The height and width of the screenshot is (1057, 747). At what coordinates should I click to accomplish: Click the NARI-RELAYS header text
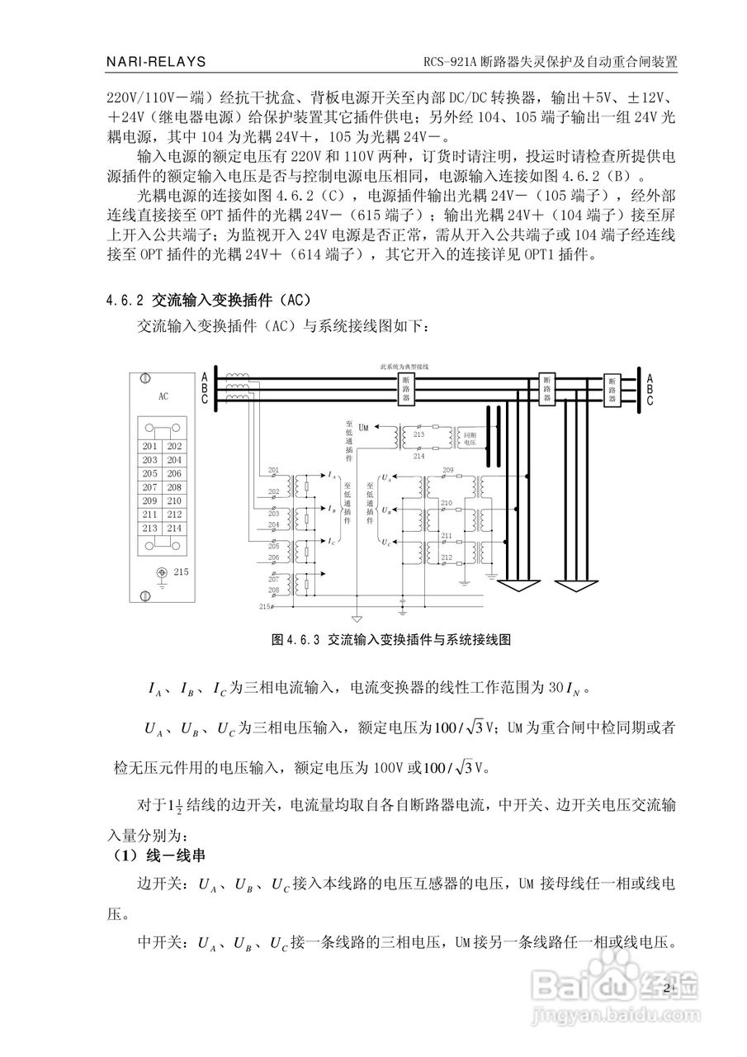156,62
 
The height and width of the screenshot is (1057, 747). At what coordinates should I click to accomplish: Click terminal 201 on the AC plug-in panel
149,447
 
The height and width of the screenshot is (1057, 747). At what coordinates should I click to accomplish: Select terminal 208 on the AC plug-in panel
174,487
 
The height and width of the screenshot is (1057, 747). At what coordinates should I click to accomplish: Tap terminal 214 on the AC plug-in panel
174,528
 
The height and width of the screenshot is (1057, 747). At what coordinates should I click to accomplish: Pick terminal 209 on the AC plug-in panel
149,500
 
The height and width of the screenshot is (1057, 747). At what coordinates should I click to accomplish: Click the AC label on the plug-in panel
163,396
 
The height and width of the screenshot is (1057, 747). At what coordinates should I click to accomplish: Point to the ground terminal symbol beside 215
162,572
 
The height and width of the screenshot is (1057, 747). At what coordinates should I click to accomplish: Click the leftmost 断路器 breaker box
405,388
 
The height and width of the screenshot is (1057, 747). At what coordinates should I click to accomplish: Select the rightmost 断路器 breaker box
612,388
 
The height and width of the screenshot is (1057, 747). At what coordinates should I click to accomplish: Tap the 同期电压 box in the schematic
469,438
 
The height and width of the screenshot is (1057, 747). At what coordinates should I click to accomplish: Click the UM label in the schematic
364,426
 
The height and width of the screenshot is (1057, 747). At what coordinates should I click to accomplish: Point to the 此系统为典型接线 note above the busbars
404,365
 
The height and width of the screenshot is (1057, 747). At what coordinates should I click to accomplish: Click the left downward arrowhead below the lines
513,587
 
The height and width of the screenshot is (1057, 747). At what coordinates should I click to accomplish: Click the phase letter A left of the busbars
204,377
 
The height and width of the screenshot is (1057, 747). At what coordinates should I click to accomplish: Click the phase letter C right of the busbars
650,401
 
